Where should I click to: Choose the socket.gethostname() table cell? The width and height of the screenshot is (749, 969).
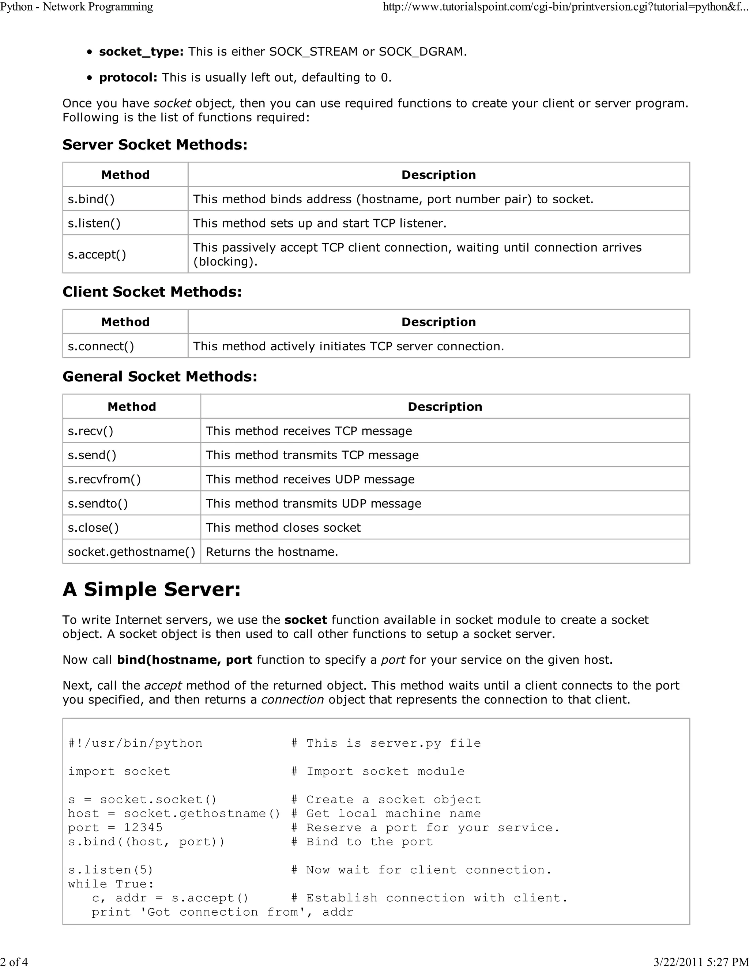point(131,551)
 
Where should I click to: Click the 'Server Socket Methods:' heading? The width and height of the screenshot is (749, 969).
point(155,145)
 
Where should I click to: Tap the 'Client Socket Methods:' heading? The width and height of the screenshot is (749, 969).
point(152,291)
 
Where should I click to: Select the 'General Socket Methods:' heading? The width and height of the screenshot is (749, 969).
point(160,376)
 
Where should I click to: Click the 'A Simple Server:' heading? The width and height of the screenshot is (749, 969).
point(151,589)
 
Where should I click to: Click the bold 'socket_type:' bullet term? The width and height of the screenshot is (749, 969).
point(141,52)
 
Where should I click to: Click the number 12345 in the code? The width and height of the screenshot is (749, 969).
point(143,827)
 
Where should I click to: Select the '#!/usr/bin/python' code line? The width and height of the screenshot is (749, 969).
point(135,743)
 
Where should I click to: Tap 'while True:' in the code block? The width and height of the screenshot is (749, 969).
point(111,884)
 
